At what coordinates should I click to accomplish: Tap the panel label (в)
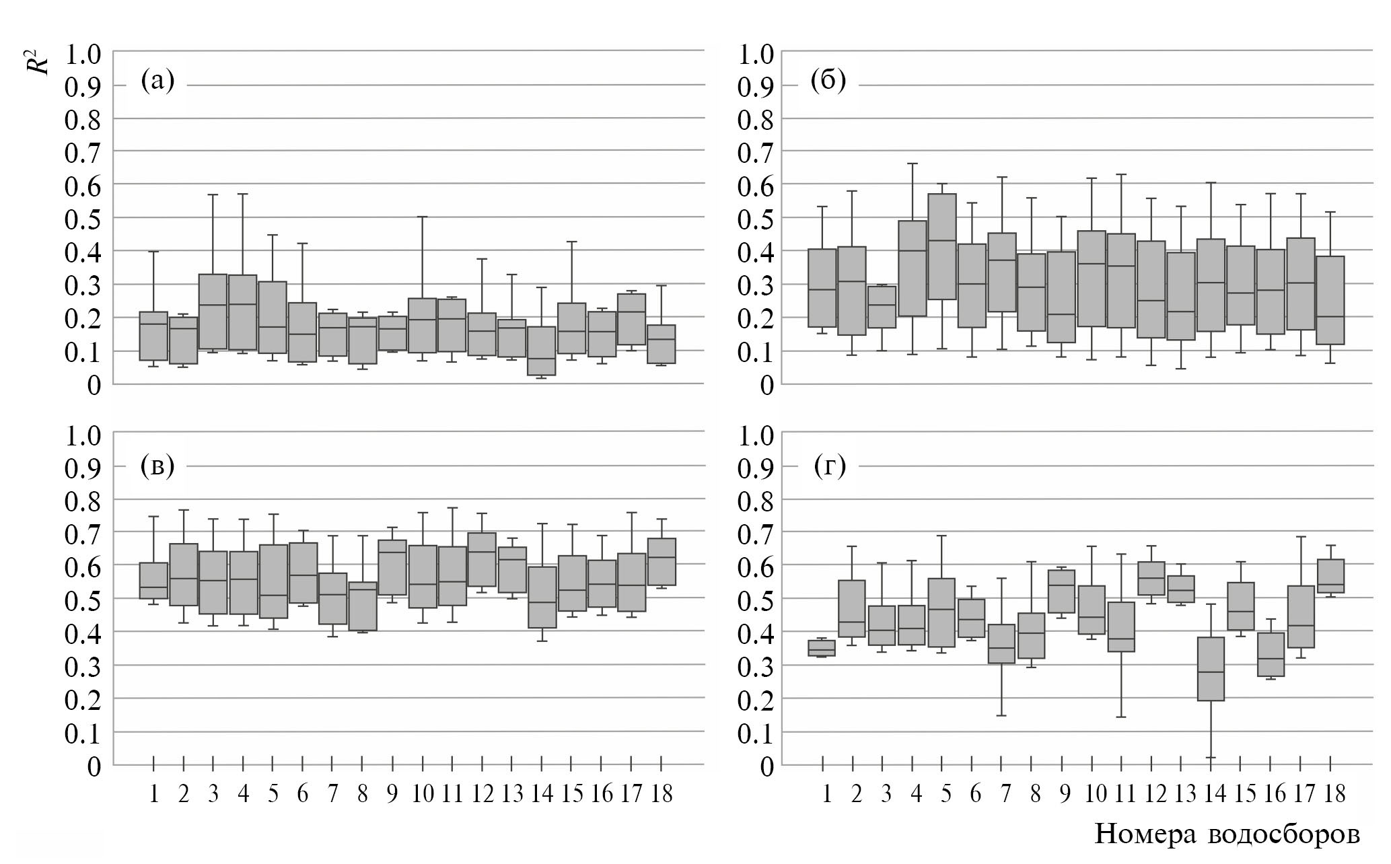pos(157,466)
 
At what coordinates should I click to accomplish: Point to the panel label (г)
pos(829,466)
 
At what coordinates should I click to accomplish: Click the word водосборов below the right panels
pos(1285,834)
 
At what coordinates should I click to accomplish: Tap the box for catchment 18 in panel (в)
pos(662,561)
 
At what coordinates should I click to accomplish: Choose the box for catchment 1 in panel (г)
pos(822,648)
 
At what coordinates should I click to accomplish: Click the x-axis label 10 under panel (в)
pos(422,795)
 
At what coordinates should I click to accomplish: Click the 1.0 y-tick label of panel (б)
pos(756,54)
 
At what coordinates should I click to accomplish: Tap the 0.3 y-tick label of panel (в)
pos(82,666)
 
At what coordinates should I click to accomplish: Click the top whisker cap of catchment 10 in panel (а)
pos(423,217)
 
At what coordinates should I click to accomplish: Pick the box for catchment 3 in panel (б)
pos(882,307)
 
